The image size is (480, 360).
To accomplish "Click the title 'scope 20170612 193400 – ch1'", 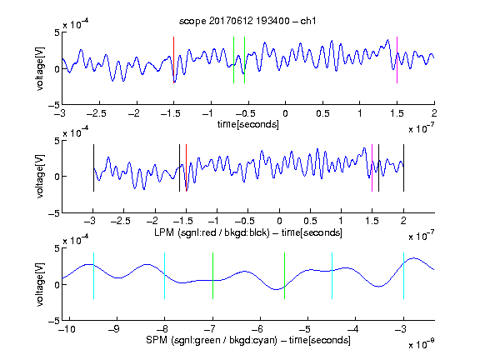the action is pyautogui.click(x=247, y=21).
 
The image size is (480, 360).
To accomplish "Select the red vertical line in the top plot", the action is pyautogui.click(x=173, y=60).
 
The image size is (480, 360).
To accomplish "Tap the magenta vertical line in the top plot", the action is pyautogui.click(x=397, y=60).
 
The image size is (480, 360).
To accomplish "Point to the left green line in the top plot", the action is pyautogui.click(x=233, y=60).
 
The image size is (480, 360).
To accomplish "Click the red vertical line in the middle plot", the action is pyautogui.click(x=186, y=168).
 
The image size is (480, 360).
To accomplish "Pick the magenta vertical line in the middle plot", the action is pyautogui.click(x=372, y=168).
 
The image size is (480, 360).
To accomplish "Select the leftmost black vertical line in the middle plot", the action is pyautogui.click(x=93, y=168).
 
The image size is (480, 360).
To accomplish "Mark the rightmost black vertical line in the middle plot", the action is pyautogui.click(x=403, y=168).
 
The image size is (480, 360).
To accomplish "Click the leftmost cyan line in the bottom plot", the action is pyautogui.click(x=93, y=276).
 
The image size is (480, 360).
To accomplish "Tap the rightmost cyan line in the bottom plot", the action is pyautogui.click(x=403, y=276).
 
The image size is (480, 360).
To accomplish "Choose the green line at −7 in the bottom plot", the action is pyautogui.click(x=212, y=276).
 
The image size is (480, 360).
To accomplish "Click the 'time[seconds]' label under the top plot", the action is pyautogui.click(x=248, y=124).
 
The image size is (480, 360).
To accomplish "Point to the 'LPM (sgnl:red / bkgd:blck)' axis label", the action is pyautogui.click(x=212, y=232).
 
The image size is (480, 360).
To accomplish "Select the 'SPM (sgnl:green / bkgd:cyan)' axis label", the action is pyautogui.click(x=212, y=340).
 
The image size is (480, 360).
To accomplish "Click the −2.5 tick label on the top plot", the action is pyautogui.click(x=96, y=113).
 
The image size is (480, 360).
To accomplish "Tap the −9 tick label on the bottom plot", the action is pyautogui.click(x=114, y=329).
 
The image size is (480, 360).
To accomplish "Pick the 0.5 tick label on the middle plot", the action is pyautogui.click(x=310, y=221).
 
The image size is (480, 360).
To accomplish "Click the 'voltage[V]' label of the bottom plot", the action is pyautogui.click(x=40, y=284).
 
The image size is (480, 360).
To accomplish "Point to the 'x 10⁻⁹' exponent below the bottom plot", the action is pyautogui.click(x=422, y=344).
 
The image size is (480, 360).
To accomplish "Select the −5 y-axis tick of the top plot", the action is pyautogui.click(x=54, y=105).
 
